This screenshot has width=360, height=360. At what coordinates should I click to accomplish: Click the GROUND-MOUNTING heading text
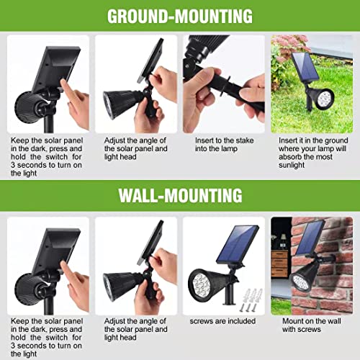pos(179,16)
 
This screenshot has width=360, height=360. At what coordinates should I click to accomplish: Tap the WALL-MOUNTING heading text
pos(179,194)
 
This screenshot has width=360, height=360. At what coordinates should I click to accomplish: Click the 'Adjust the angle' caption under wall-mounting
pos(135,324)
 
